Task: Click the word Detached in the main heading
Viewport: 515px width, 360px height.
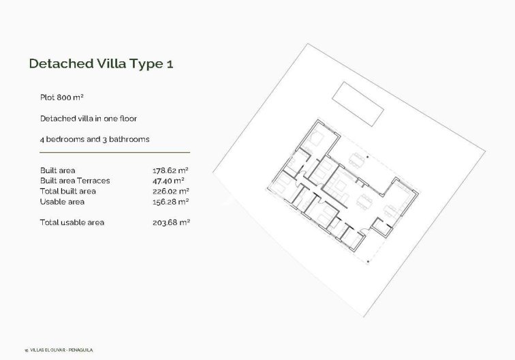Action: pyautogui.click(x=60, y=64)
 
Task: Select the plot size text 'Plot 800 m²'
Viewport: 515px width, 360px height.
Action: pyautogui.click(x=61, y=97)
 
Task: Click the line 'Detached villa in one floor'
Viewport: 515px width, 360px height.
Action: pyautogui.click(x=89, y=119)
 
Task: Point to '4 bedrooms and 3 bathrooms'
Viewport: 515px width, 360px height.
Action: pyautogui.click(x=95, y=139)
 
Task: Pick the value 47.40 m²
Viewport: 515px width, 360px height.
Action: pyautogui.click(x=169, y=181)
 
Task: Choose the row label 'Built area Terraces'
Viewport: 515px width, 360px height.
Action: pyautogui.click(x=75, y=181)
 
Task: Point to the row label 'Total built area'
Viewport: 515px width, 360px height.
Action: pyautogui.click(x=68, y=192)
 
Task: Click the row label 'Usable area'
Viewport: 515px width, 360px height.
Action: pyautogui.click(x=62, y=202)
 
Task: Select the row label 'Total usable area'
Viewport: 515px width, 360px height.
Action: pyautogui.click(x=72, y=222)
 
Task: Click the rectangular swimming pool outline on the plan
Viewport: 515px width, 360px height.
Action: pyautogui.click(x=358, y=104)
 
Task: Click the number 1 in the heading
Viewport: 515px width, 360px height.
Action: pyautogui.click(x=178, y=64)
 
